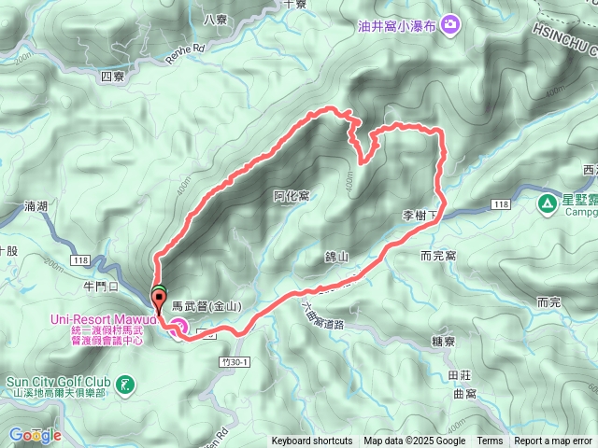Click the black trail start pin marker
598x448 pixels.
tap(157, 299)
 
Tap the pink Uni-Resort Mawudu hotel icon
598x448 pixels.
tap(177, 326)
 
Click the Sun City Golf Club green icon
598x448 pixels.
tap(124, 382)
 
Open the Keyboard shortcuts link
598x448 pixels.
tap(312, 441)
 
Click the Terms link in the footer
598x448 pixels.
tap(490, 441)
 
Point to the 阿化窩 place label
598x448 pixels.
tap(292, 195)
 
